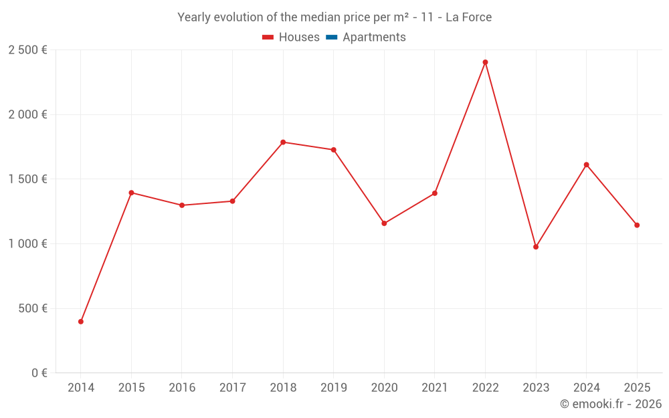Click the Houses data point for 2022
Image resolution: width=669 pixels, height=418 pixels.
click(x=485, y=62)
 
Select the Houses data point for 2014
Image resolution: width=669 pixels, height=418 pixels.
click(x=81, y=322)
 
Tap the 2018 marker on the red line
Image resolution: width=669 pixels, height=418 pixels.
click(x=283, y=142)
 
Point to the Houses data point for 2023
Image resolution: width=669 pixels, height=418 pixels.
click(x=536, y=247)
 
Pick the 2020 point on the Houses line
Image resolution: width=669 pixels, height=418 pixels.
click(x=384, y=223)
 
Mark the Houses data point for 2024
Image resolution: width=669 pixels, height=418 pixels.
click(x=586, y=165)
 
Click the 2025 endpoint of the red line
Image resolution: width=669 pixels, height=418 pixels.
click(x=637, y=225)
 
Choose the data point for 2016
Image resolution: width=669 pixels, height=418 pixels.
click(x=182, y=205)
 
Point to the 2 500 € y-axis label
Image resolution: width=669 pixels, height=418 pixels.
click(x=27, y=50)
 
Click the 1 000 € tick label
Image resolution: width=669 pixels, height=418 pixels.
click(x=27, y=244)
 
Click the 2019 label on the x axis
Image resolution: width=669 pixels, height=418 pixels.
click(x=333, y=388)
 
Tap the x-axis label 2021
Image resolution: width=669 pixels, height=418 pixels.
click(x=435, y=388)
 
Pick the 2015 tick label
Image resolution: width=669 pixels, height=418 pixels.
click(x=131, y=388)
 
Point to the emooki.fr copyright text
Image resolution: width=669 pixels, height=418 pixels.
click(x=610, y=404)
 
